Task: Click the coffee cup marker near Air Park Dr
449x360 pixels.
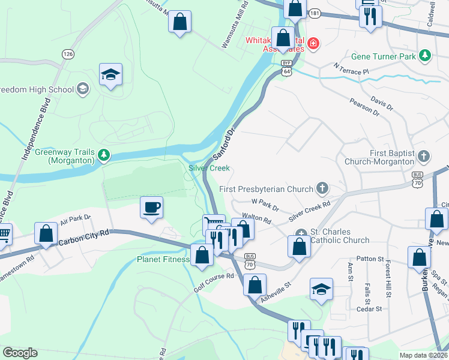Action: coord(151,208)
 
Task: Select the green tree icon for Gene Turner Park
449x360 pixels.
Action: coord(425,56)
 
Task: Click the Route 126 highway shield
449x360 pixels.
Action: coord(68,54)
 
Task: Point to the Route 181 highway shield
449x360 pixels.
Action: coord(315,13)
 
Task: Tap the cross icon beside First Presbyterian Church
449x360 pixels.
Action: coord(322,189)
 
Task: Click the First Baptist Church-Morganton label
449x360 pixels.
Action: coord(379,157)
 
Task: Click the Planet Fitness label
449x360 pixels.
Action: coord(163,260)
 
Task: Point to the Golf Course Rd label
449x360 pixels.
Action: coord(212,281)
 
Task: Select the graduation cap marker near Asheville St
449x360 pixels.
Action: coord(322,290)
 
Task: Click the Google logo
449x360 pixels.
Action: coord(20,353)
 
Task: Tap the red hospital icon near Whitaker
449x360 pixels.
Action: coord(313,43)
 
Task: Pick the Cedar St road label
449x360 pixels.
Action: coord(369,309)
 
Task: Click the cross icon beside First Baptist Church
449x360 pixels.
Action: coord(424,157)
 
